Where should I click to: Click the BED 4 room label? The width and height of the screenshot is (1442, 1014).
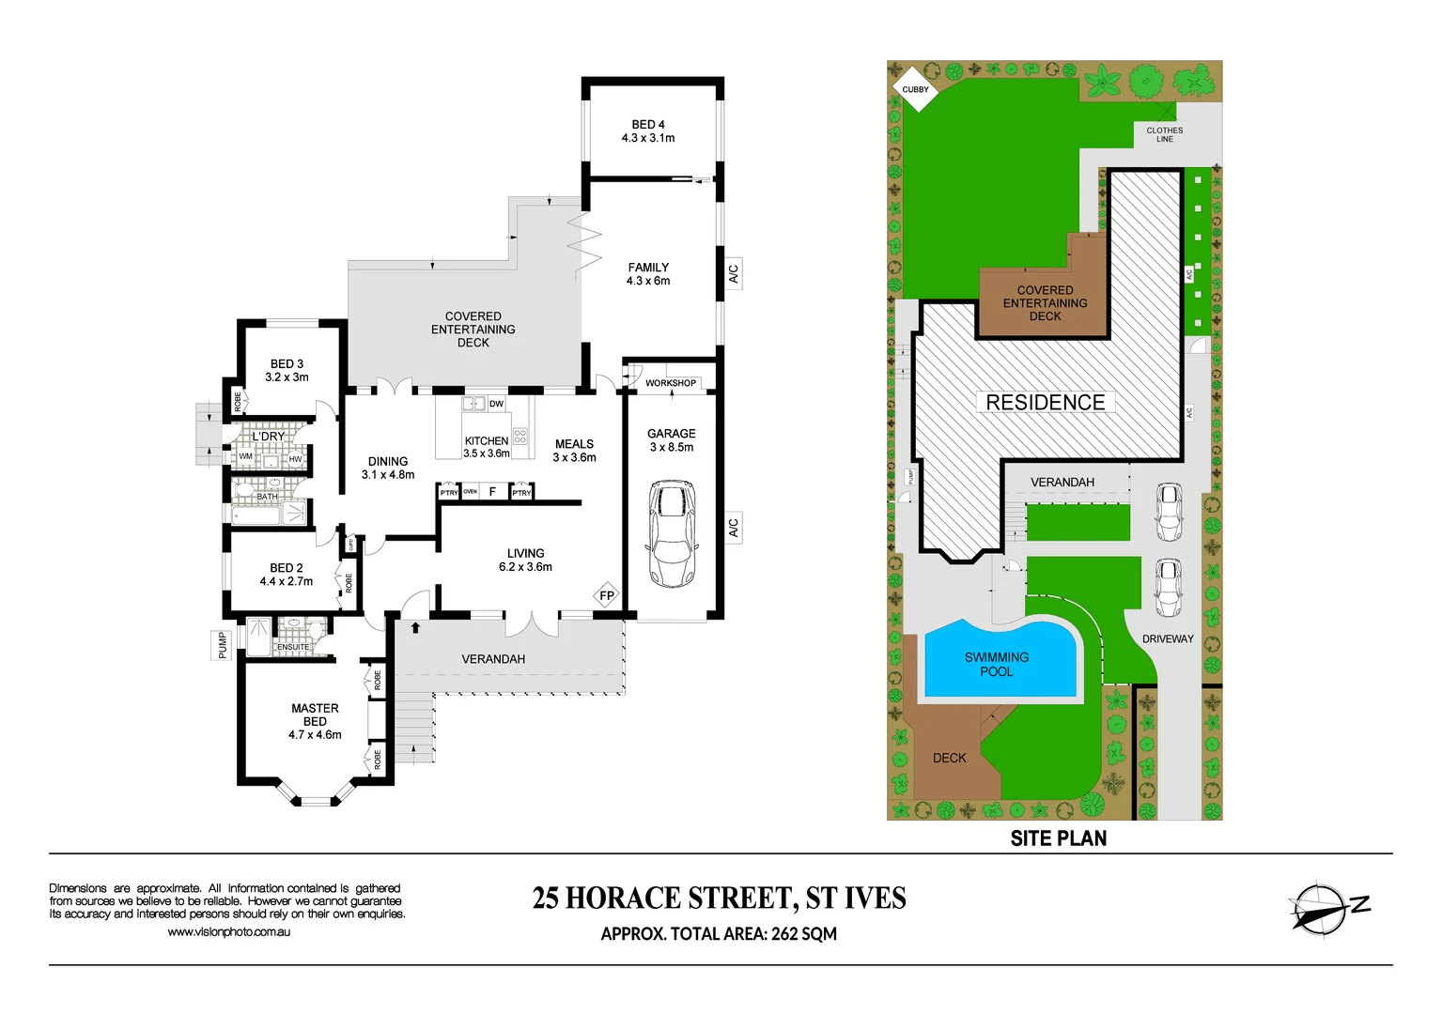click(648, 131)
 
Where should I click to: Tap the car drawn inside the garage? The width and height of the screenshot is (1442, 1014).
click(671, 533)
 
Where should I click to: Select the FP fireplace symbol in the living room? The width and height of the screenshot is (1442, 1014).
click(607, 595)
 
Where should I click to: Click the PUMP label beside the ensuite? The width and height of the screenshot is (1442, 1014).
click(222, 645)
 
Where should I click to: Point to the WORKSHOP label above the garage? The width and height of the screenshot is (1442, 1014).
click(671, 383)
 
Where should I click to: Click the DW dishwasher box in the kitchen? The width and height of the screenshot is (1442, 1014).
click(496, 404)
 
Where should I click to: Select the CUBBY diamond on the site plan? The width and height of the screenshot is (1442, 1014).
click(915, 89)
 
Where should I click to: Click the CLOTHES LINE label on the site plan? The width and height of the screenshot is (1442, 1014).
click(1164, 134)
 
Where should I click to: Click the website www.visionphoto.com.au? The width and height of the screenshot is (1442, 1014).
click(228, 932)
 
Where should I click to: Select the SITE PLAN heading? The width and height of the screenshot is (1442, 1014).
click(1058, 838)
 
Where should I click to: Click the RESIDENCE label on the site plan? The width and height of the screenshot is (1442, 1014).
click(1045, 402)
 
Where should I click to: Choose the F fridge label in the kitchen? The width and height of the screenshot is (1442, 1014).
click(492, 492)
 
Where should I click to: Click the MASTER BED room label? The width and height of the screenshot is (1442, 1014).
click(315, 721)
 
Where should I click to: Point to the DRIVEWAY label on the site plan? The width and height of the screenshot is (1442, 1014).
click(1167, 638)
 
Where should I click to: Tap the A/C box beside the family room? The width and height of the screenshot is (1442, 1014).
click(733, 274)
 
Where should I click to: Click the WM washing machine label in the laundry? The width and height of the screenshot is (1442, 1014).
click(245, 456)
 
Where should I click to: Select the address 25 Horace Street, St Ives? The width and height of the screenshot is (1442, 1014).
click(719, 899)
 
